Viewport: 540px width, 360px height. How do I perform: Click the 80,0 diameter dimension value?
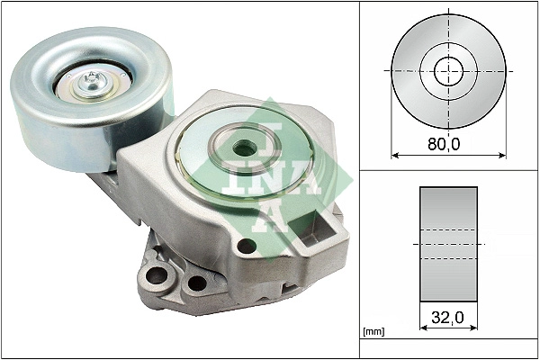pyautogui.click(x=447, y=141)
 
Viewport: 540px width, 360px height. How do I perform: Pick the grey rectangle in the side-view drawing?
pyautogui.click(x=447, y=245)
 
